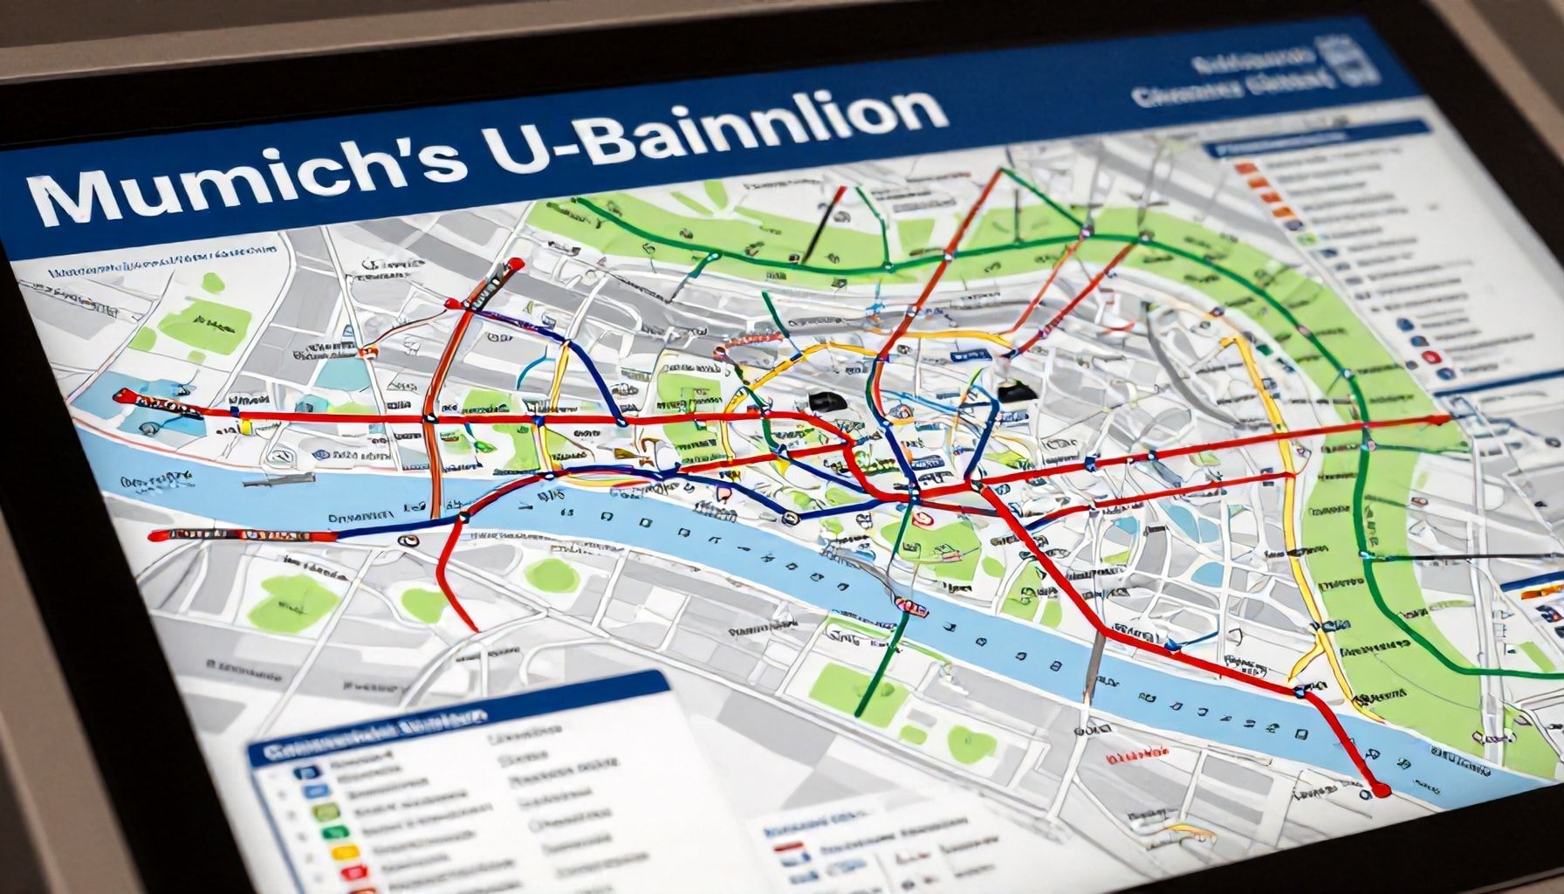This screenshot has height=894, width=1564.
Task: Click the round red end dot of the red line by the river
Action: (1380, 790)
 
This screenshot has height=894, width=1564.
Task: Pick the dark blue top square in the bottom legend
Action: (306, 772)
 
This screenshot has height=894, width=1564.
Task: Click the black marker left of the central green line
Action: (823, 401)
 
